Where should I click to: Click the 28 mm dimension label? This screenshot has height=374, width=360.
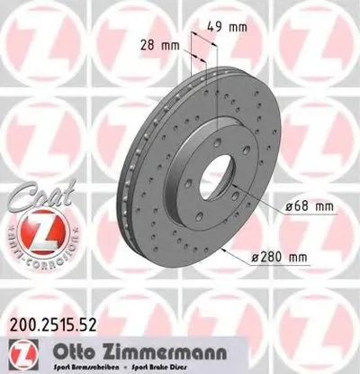tap(159, 43)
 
